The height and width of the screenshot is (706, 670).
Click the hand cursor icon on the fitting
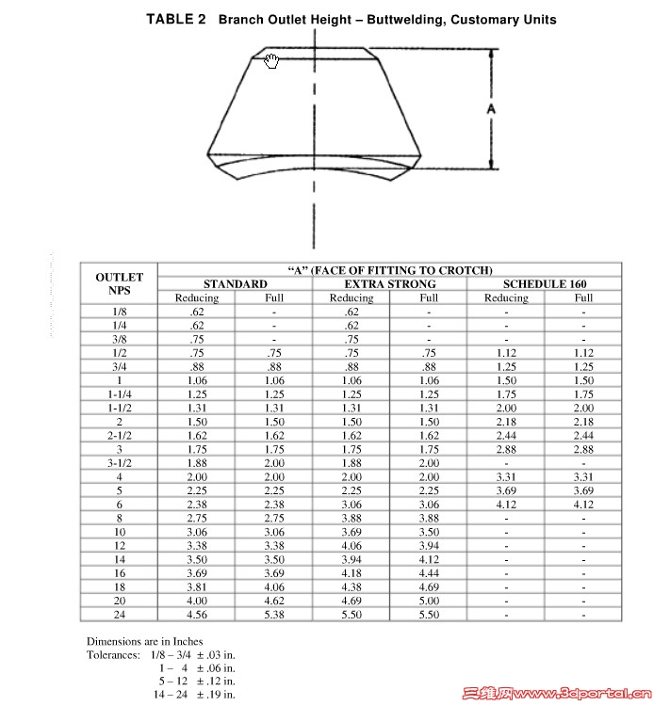click(x=272, y=61)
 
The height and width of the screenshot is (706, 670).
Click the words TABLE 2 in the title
click(x=176, y=19)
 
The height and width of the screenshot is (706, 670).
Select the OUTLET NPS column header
click(x=119, y=283)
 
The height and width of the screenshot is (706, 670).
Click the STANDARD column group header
click(x=235, y=283)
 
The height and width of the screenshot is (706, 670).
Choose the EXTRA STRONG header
click(x=389, y=283)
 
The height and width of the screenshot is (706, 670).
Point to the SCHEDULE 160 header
click(x=545, y=283)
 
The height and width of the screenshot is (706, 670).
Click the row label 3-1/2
click(x=119, y=462)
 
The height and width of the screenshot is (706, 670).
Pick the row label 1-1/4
click(x=119, y=394)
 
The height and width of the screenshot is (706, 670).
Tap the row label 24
click(x=119, y=614)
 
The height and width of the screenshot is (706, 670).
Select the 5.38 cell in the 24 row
click(x=274, y=614)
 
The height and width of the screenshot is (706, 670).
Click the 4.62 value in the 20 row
click(x=274, y=600)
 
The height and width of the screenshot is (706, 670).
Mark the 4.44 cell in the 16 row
click(x=429, y=572)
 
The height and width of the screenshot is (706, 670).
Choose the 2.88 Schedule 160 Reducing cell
click(x=506, y=449)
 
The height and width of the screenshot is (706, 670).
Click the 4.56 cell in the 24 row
click(x=196, y=614)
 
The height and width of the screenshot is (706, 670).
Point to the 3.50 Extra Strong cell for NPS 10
click(x=429, y=531)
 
